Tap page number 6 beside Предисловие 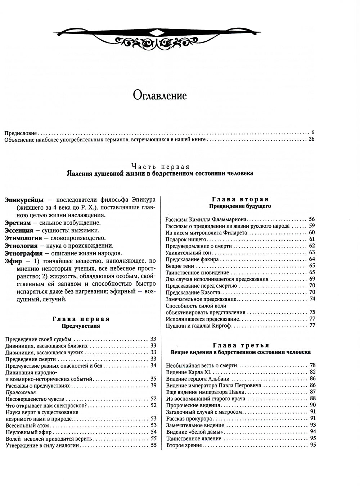(313, 132)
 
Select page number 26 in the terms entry (311, 139)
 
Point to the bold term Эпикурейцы (24, 200)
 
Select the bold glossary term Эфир (13, 261)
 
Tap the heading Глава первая (81, 319)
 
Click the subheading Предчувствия (81, 326)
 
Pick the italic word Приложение (21, 392)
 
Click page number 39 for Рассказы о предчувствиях (153, 386)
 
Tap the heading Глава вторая (240, 199)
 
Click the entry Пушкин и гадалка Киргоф (198, 326)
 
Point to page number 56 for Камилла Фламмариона (312, 219)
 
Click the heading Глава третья (240, 345)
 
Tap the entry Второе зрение (184, 445)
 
